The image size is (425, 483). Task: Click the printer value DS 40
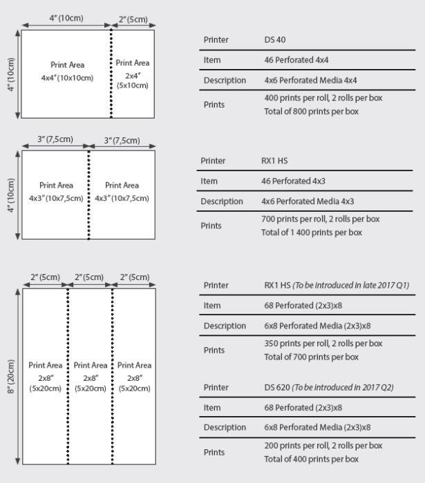coord(275,40)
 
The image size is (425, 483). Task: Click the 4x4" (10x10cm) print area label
coord(67,72)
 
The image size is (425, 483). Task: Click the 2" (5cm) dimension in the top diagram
coord(133,19)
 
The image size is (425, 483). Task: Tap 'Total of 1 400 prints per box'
coord(311,233)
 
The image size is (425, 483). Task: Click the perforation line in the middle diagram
coord(88,195)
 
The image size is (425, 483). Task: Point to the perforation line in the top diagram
coord(111,73)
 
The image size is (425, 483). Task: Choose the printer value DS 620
coord(277,387)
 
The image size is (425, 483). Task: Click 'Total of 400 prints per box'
coord(311,459)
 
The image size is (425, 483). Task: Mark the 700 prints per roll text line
coord(320,219)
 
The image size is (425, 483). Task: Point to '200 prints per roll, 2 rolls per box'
coord(323,445)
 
